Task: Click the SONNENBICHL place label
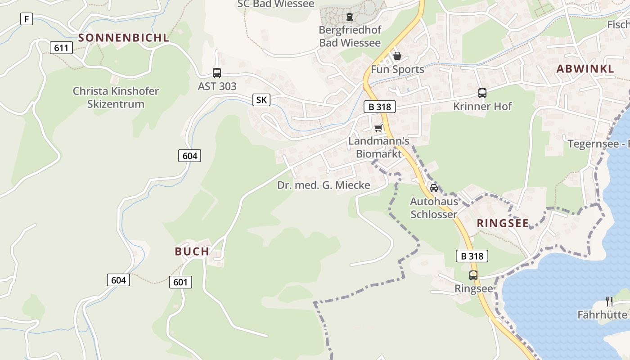[124, 38]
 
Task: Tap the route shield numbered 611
[61, 48]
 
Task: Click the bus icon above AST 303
[217, 73]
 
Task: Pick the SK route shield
[261, 100]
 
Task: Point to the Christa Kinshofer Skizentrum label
[116, 98]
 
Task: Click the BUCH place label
[192, 252]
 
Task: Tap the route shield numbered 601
[180, 282]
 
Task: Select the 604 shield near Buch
[118, 280]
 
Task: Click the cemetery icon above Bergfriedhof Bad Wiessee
[350, 17]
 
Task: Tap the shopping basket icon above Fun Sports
[397, 56]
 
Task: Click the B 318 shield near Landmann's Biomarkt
[380, 107]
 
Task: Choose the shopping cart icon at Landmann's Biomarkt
[378, 129]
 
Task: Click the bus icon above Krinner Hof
[482, 93]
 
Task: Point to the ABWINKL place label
[585, 69]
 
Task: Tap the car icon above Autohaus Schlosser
[434, 188]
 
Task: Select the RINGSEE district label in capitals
[503, 223]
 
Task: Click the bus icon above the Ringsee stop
[473, 275]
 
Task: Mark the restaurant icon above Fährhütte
[609, 301]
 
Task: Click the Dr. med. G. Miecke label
[324, 185]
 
